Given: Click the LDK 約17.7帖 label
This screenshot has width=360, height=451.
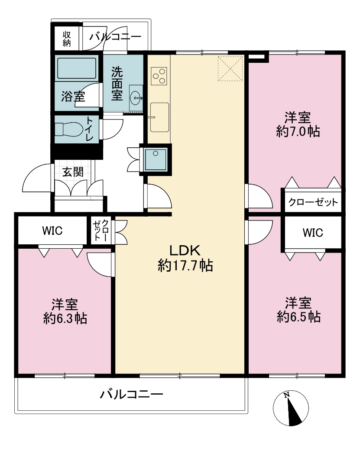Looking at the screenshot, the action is click(x=185, y=258).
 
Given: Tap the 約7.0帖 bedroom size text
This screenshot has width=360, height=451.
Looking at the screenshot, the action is click(x=298, y=132).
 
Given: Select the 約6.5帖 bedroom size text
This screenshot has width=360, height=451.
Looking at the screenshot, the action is click(x=299, y=317).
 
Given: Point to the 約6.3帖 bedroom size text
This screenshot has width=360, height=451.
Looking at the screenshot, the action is click(x=65, y=318).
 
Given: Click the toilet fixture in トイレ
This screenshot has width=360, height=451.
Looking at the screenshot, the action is click(x=69, y=129).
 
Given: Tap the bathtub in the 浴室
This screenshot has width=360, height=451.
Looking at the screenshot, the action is click(x=77, y=68).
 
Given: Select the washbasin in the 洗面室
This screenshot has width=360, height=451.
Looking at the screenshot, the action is click(x=135, y=98).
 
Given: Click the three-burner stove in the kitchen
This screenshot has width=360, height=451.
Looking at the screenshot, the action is click(x=159, y=76).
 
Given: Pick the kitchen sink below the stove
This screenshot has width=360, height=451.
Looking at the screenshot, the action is click(x=159, y=117).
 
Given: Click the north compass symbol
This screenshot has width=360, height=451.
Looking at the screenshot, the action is click(x=291, y=408).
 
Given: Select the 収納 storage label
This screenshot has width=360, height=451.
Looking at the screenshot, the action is click(x=67, y=39).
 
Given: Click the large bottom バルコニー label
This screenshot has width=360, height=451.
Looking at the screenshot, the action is click(x=132, y=394).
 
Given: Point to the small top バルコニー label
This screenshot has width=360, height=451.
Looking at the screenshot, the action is click(x=115, y=37).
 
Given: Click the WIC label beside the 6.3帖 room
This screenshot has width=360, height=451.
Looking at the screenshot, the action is click(x=52, y=230).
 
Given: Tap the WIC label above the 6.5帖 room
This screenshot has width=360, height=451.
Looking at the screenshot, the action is click(x=313, y=233).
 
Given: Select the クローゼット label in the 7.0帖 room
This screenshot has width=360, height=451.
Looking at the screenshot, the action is click(x=313, y=202).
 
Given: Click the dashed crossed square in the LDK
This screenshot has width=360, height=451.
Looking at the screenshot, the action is click(x=230, y=68).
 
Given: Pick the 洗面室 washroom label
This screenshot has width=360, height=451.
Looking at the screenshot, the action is click(x=117, y=84).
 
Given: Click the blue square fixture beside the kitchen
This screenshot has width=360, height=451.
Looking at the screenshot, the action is click(x=156, y=159).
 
